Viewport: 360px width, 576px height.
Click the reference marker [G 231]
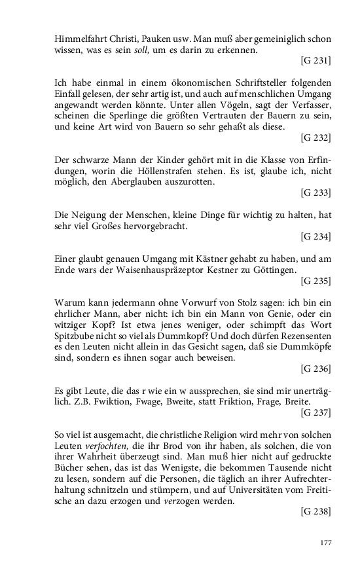tap(315, 60)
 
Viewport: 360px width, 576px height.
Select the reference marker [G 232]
tap(315, 137)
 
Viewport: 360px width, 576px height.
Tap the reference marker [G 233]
tap(315, 192)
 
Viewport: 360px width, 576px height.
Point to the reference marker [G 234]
tap(315, 236)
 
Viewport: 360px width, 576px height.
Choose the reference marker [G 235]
tap(315, 281)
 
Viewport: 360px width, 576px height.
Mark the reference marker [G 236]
tap(315, 369)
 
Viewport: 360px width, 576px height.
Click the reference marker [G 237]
tap(315, 413)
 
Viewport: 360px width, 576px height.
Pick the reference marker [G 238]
tap(315, 512)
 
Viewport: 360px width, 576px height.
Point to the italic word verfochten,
tap(104, 446)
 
